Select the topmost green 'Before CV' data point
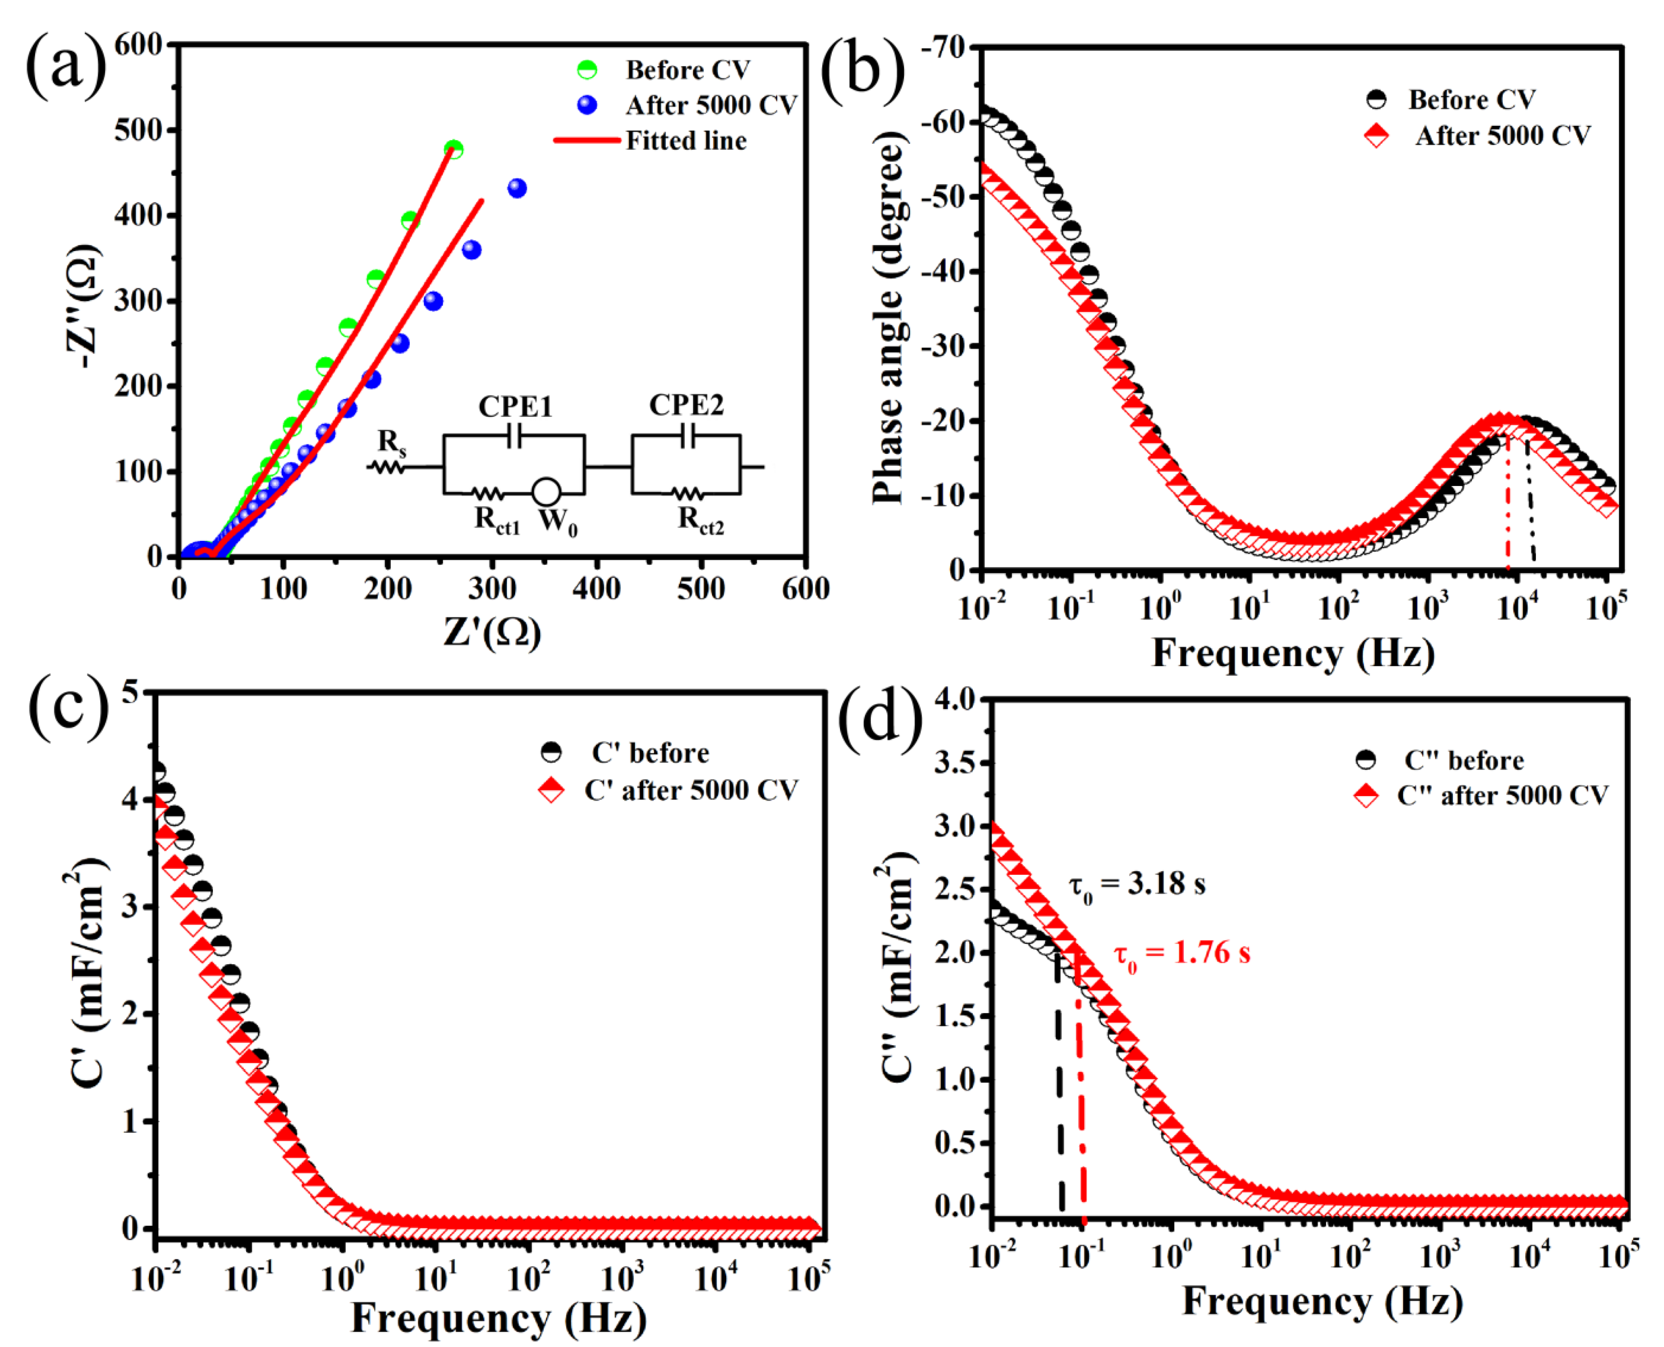[454, 149]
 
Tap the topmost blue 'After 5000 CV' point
[517, 188]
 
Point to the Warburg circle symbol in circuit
[547, 492]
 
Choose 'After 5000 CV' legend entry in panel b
[1502, 136]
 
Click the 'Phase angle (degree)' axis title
[888, 318]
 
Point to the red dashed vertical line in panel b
[1507, 512]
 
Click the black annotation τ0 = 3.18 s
[1136, 884]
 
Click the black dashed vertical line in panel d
[1059, 1086]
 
